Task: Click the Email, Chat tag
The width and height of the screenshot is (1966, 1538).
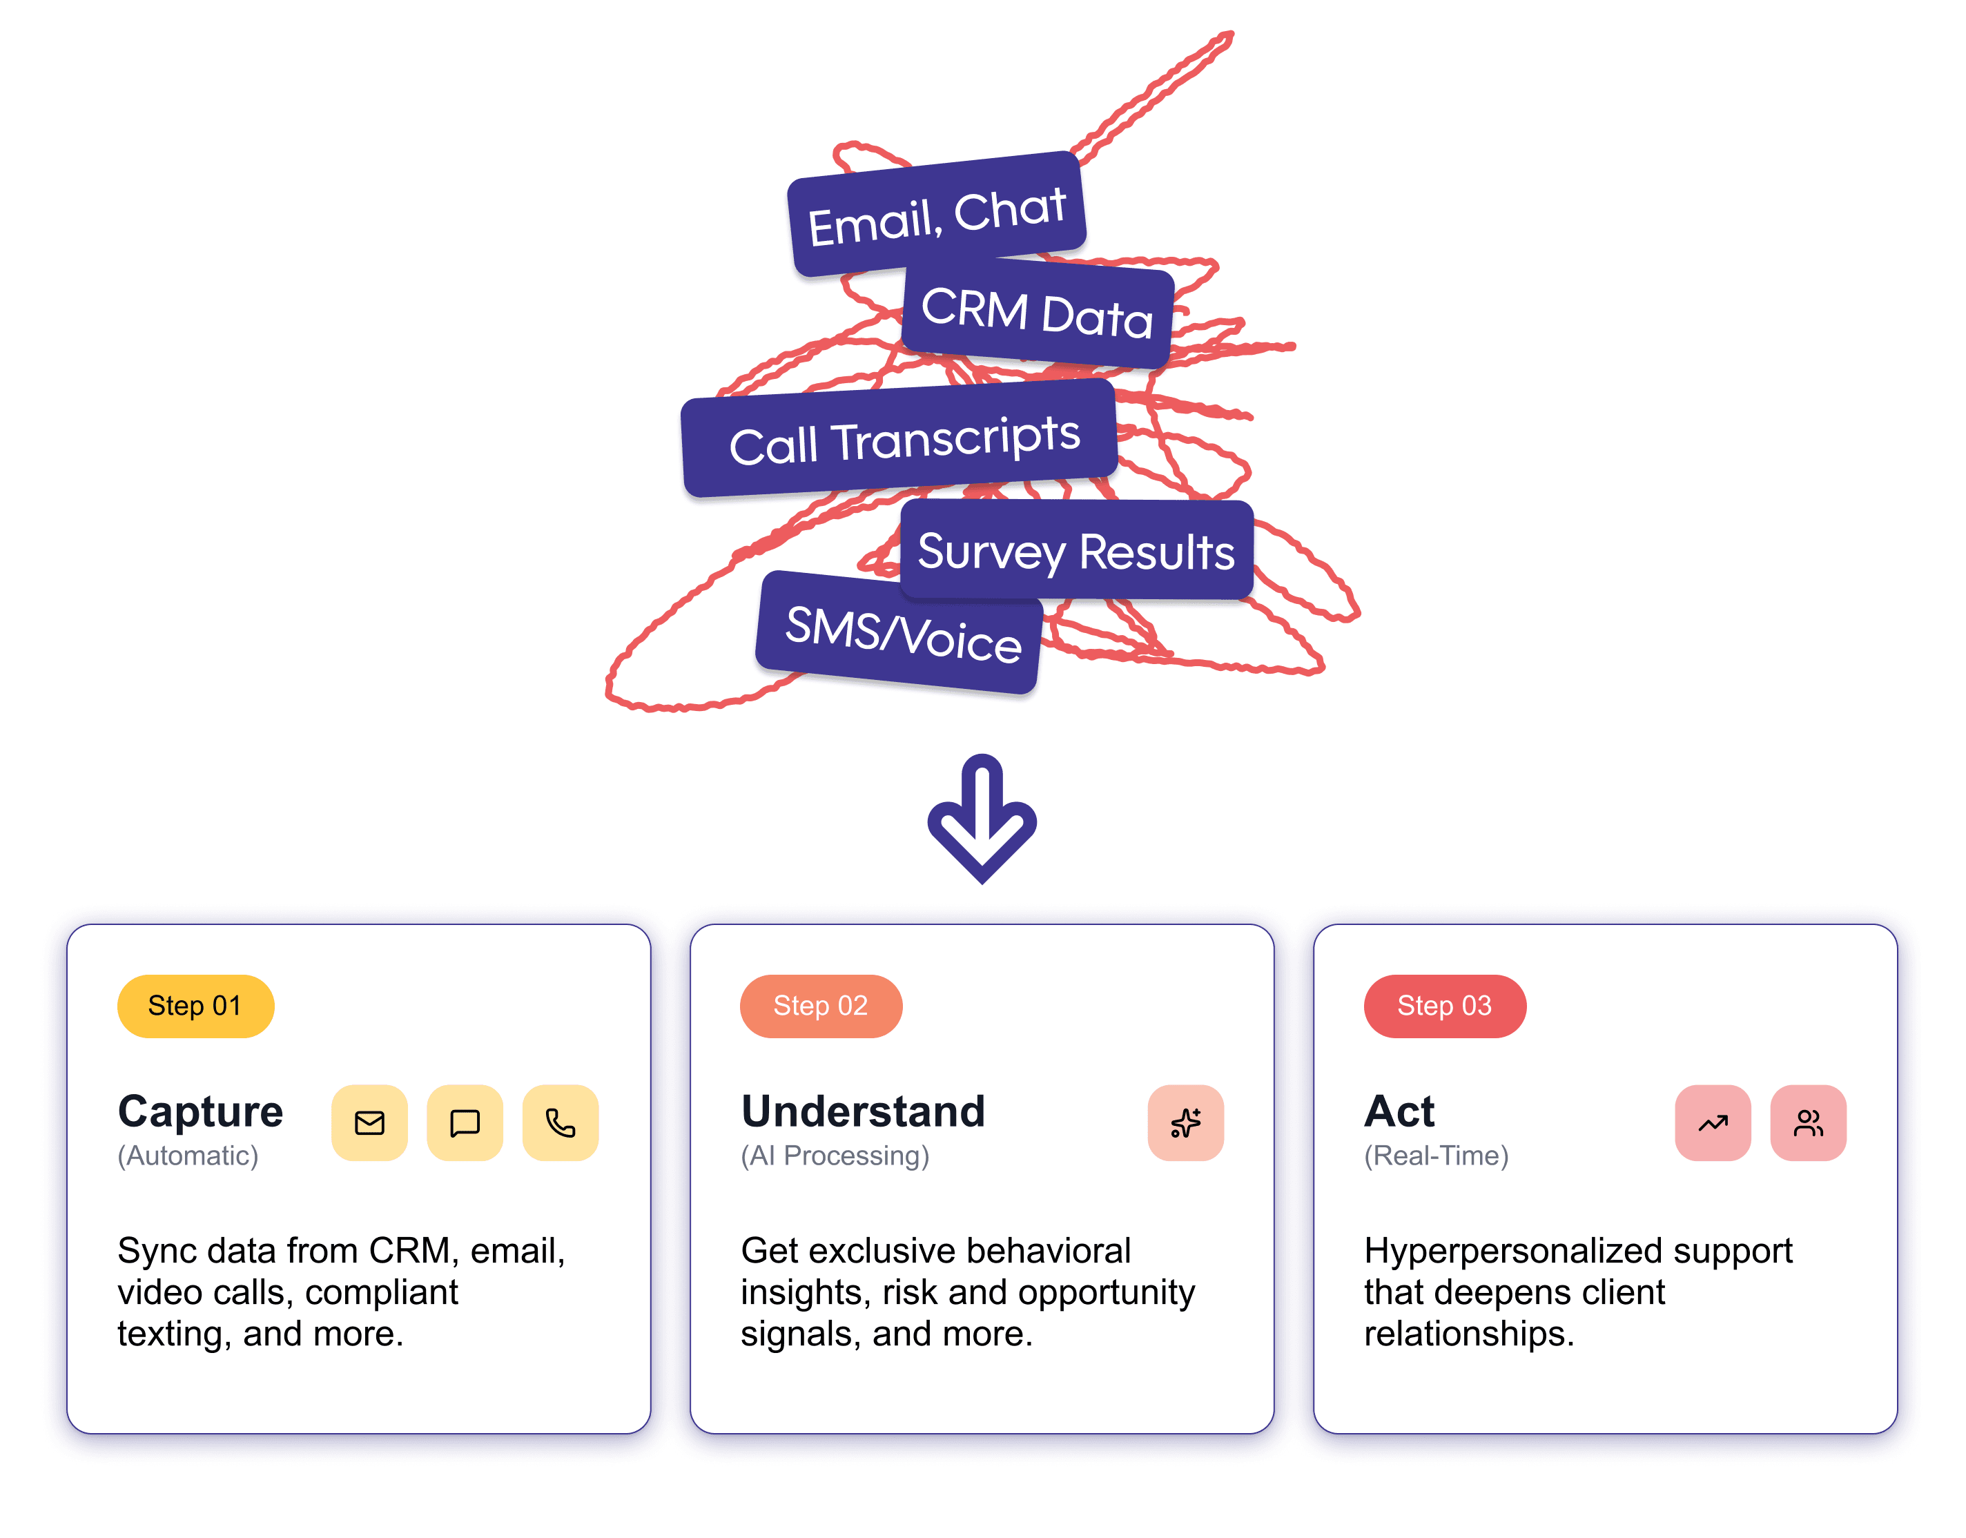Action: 937,213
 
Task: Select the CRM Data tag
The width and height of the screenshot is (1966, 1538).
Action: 1038,313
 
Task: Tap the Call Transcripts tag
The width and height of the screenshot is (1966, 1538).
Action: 899,438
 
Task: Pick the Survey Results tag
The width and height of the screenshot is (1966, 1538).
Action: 1076,550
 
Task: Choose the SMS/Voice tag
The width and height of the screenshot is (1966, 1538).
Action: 899,632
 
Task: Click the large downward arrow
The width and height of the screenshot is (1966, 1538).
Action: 982,817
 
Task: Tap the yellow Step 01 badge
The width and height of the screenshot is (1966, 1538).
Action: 195,1006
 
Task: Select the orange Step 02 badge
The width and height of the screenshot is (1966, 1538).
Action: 821,1006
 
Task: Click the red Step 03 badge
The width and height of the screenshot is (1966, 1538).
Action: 1445,1006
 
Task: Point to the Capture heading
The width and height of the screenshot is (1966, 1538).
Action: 200,1111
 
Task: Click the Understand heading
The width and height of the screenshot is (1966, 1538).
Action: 863,1111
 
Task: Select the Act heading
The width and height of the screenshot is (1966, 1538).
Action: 1399,1111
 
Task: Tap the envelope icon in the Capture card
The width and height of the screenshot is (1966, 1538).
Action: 369,1123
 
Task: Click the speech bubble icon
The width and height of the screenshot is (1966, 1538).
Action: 465,1123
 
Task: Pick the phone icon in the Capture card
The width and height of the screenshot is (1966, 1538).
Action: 560,1123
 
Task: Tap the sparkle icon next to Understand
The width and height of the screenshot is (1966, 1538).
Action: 1185,1123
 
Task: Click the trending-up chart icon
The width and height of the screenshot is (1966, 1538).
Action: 1713,1123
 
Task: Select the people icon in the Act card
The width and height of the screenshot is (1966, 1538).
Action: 1809,1123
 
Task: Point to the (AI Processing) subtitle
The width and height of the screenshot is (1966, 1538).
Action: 835,1156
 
